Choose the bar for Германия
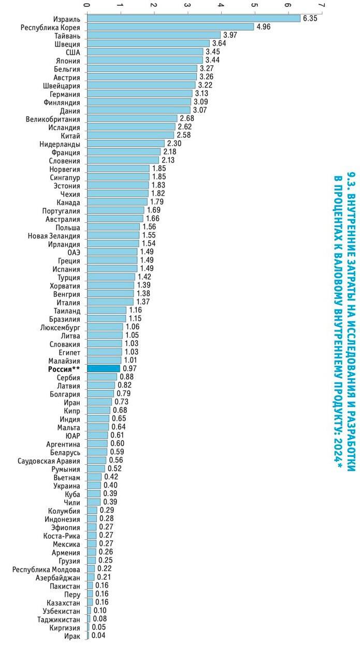click(139, 94)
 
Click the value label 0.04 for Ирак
click(98, 636)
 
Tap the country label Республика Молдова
click(47, 569)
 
